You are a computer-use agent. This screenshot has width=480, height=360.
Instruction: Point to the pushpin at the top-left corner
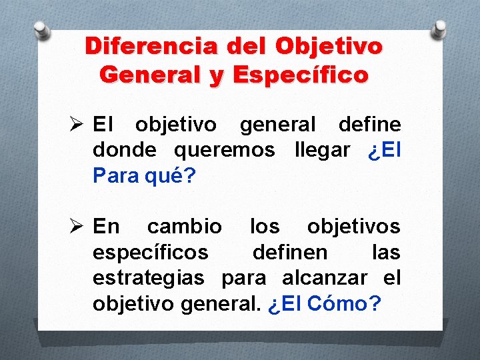42,29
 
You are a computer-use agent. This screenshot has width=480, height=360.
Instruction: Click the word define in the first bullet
369,125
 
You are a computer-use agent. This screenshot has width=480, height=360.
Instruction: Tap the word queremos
224,150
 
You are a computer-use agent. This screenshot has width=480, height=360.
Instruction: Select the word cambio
185,227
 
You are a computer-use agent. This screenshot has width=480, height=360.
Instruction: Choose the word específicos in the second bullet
151,252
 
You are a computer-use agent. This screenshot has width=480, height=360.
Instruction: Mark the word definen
290,252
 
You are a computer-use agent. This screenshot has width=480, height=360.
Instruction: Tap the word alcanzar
325,277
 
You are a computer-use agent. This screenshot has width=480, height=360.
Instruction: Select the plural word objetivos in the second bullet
353,227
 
